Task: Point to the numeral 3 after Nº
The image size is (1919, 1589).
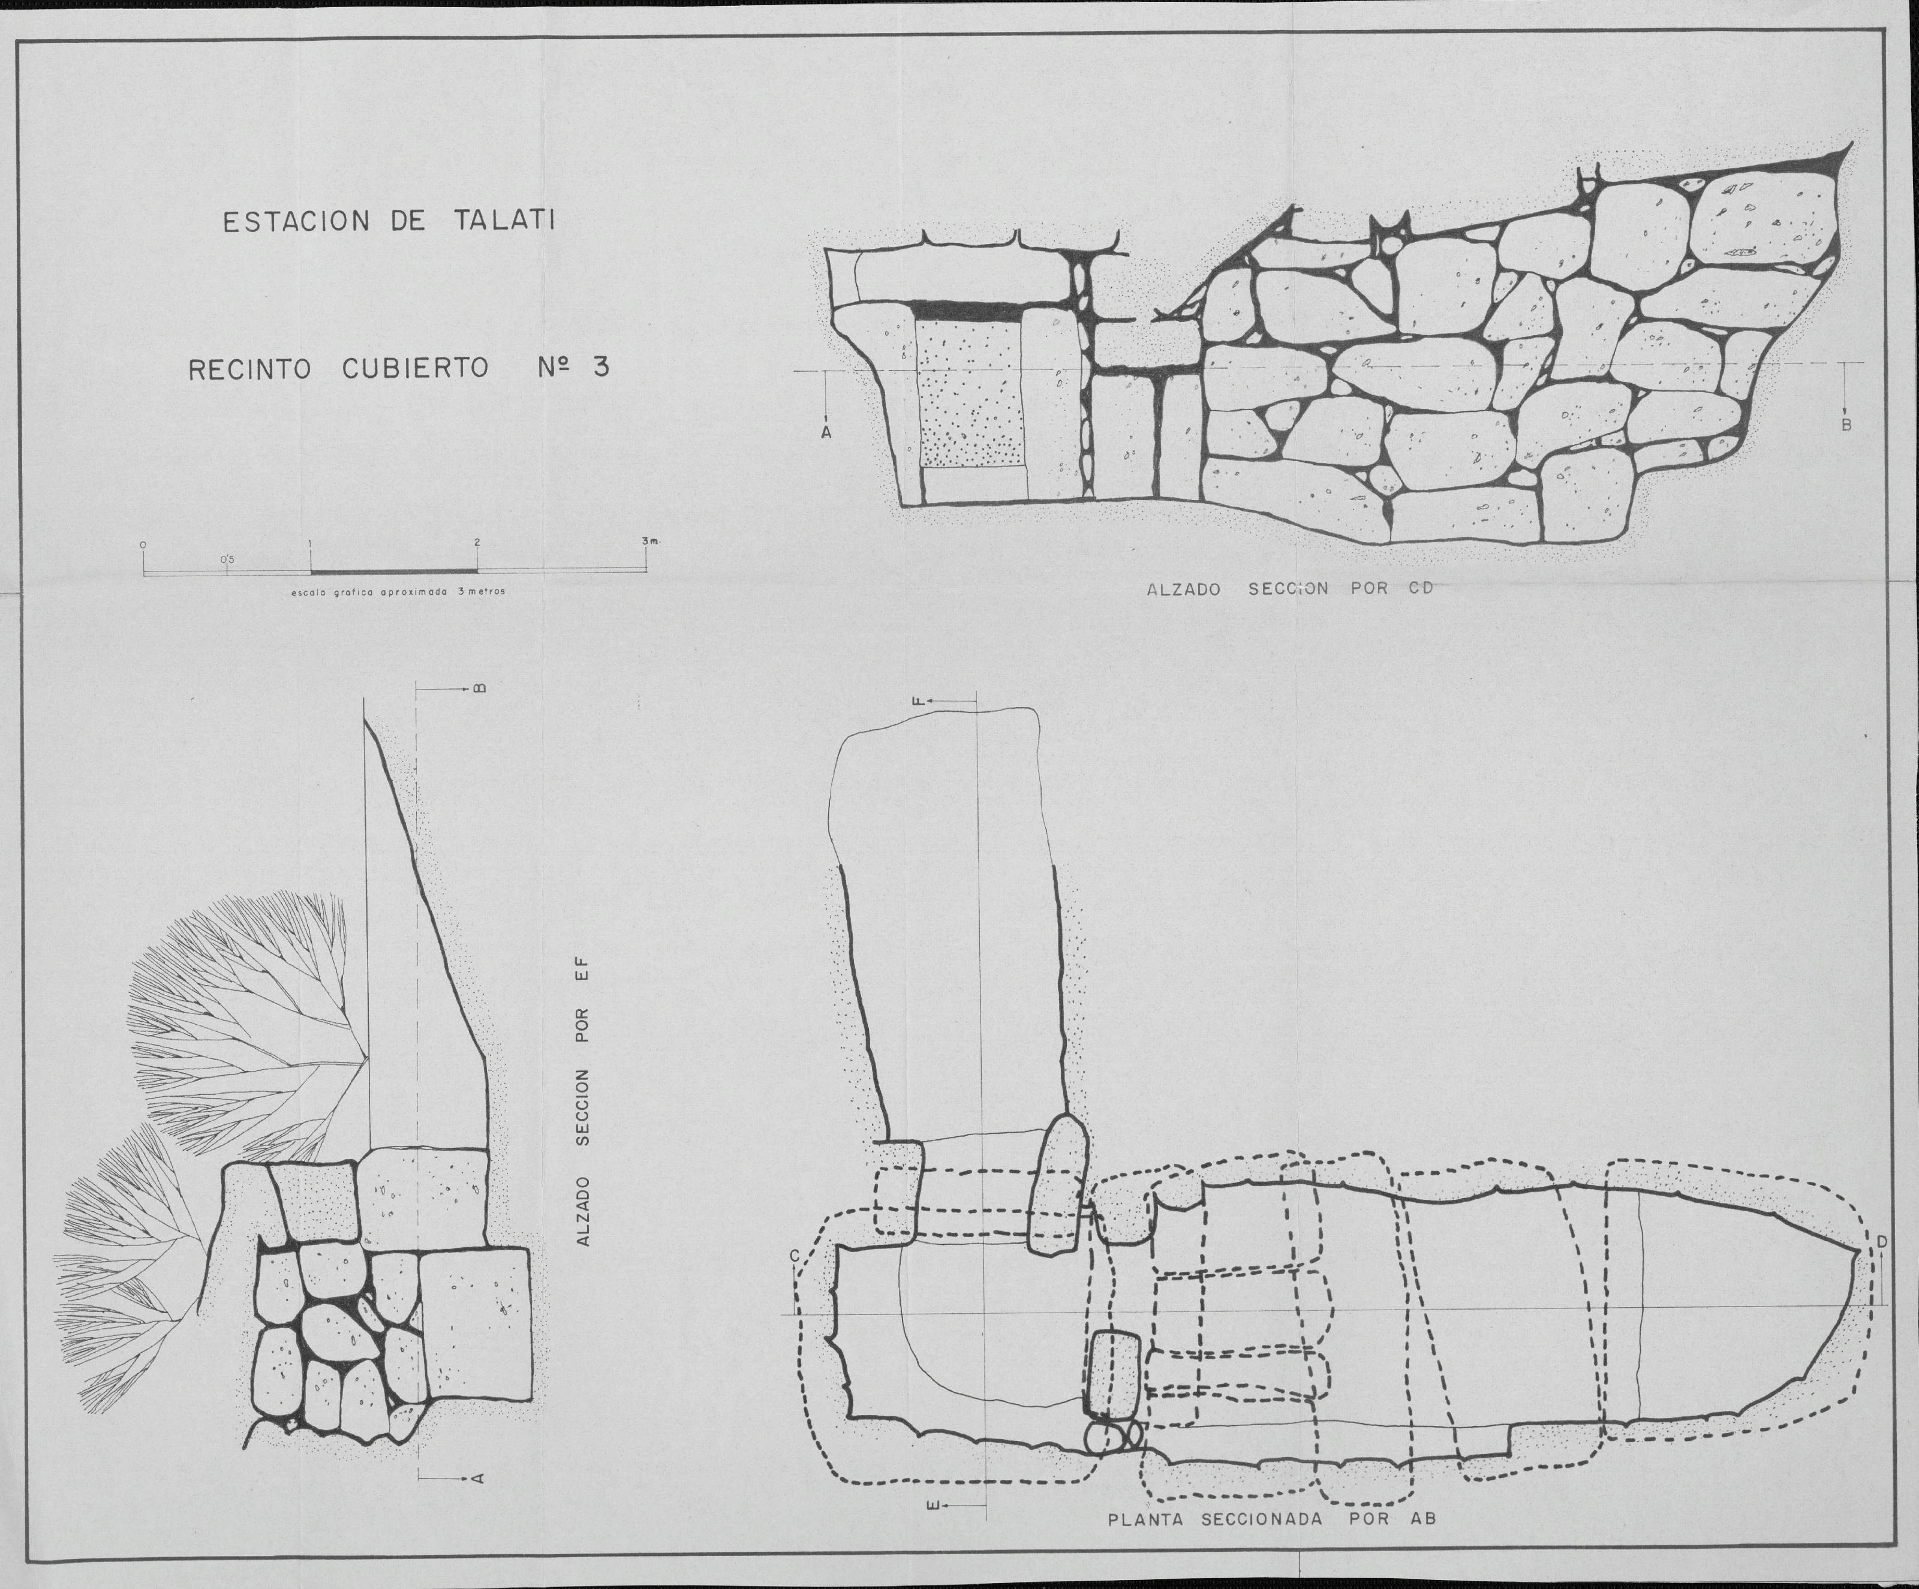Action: [600, 368]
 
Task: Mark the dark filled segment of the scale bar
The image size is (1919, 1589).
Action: [394, 573]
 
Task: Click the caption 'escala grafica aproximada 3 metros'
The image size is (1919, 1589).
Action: [398, 592]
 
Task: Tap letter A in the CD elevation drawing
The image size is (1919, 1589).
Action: [826, 432]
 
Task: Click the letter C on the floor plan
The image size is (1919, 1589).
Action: [795, 1256]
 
